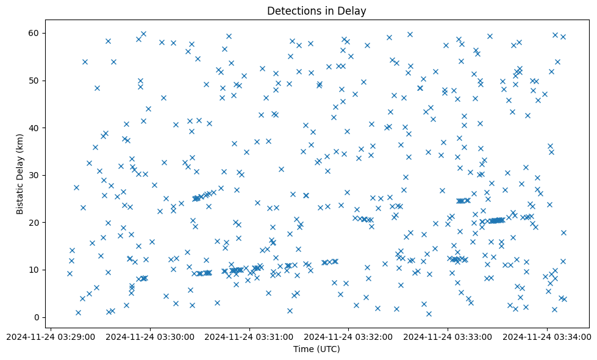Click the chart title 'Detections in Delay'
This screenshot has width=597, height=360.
pyautogui.click(x=316, y=10)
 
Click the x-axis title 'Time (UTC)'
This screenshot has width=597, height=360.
pyautogui.click(x=316, y=349)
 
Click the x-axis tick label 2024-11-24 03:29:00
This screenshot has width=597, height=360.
pyautogui.click(x=52, y=336)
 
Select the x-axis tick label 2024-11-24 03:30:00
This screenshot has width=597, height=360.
pyautogui.click(x=151, y=336)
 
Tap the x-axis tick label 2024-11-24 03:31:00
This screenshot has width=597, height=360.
pyautogui.click(x=250, y=336)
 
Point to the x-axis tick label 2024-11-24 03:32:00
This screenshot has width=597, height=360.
pyautogui.click(x=349, y=336)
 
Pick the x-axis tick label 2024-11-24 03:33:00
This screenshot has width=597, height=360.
pyautogui.click(x=448, y=336)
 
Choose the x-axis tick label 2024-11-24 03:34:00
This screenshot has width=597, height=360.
pyautogui.click(x=547, y=336)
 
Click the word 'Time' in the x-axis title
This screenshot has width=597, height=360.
pyautogui.click(x=303, y=349)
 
